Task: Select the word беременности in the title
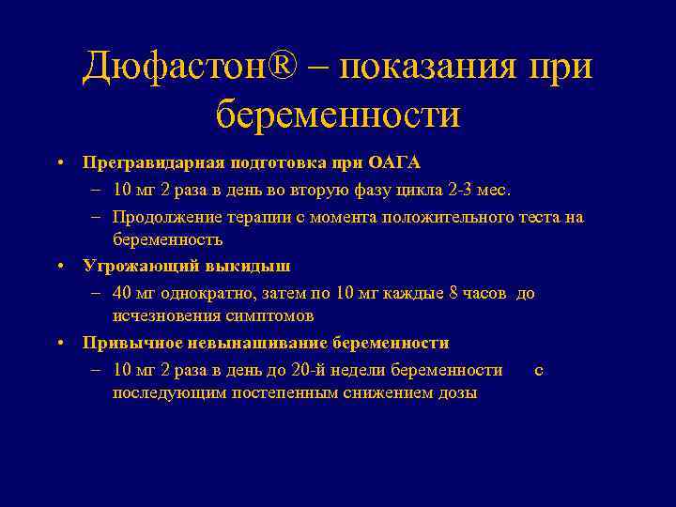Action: tap(338, 115)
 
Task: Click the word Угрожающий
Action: tap(132, 266)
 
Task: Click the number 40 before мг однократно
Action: tap(121, 293)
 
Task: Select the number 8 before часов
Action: tap(454, 293)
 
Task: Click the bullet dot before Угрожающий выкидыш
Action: tap(59, 266)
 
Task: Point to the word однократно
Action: tap(205, 293)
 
